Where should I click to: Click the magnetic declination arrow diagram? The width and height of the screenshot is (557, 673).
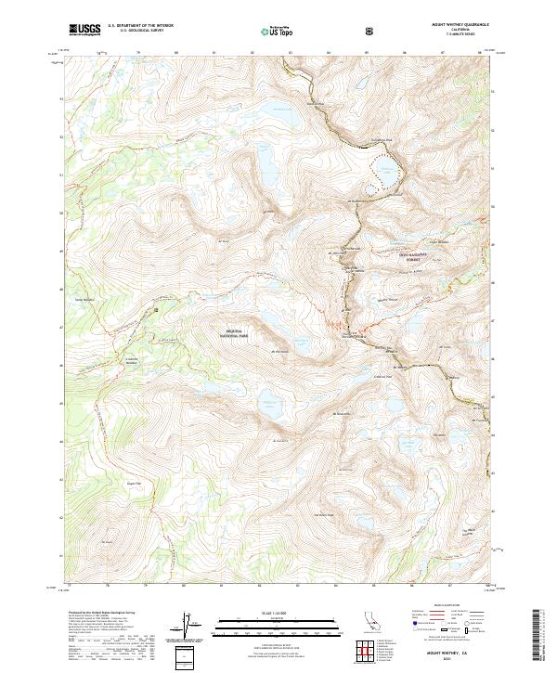(185, 628)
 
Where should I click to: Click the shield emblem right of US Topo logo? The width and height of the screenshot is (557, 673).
(372, 29)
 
